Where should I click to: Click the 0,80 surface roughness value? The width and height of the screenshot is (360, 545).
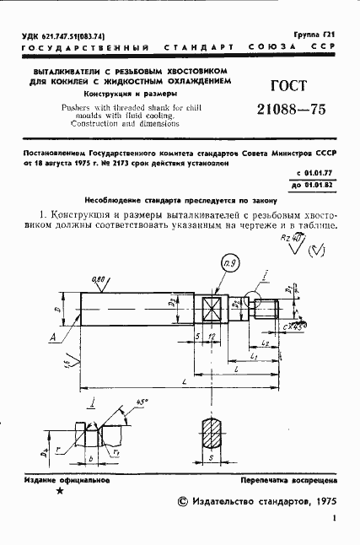click(99, 278)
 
